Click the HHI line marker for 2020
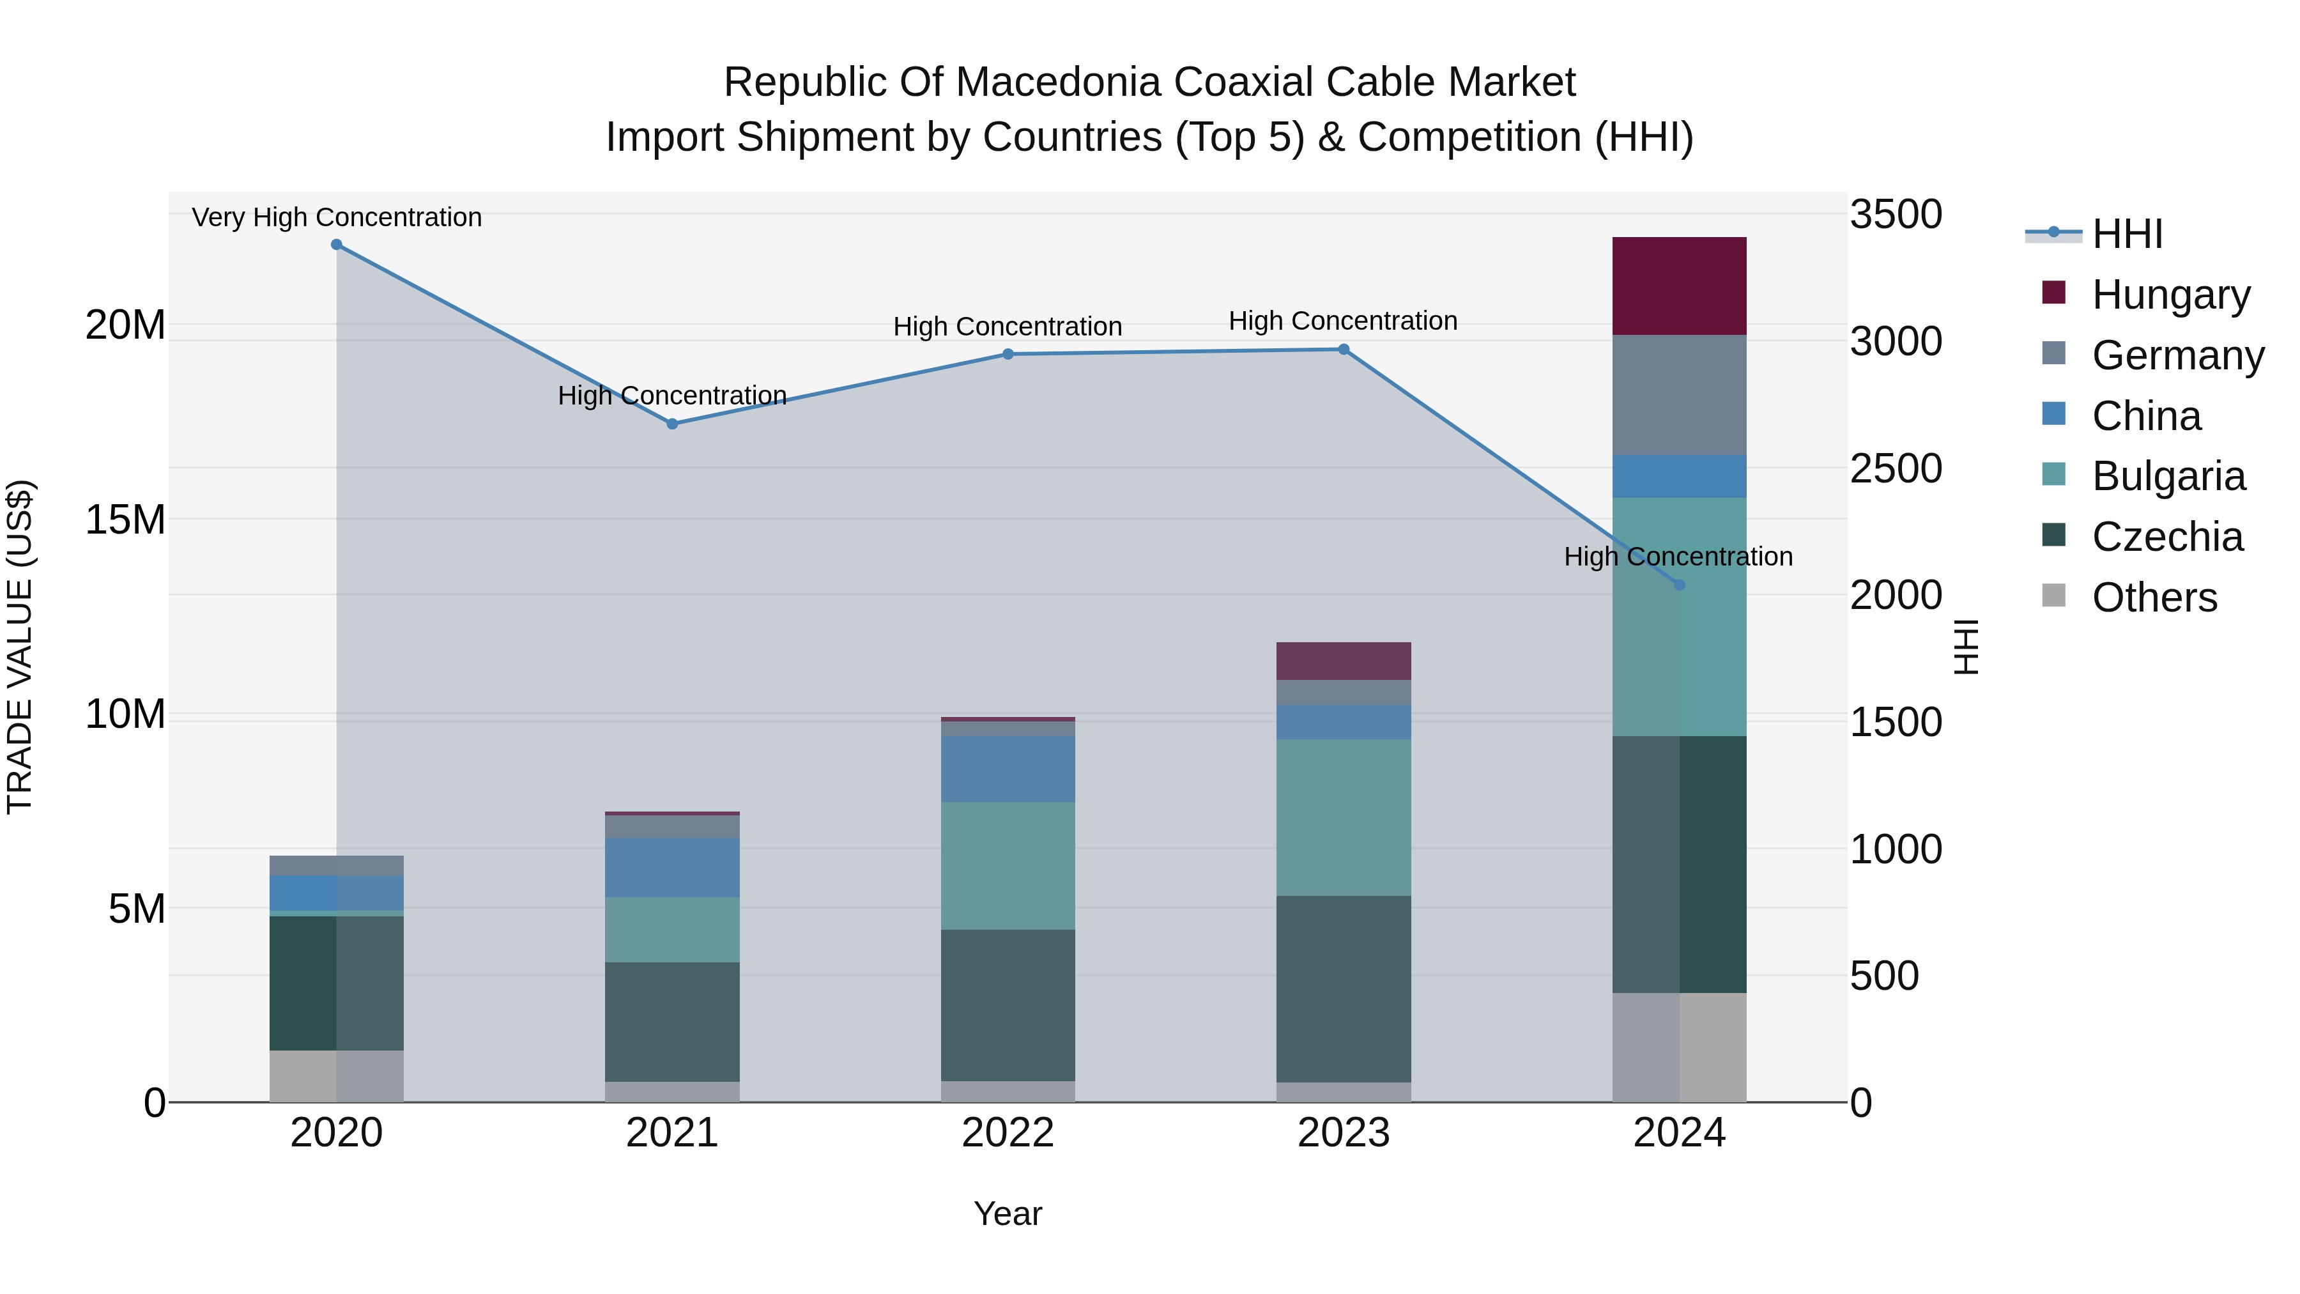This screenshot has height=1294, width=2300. click(x=337, y=245)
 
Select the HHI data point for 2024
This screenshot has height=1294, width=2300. click(x=1680, y=585)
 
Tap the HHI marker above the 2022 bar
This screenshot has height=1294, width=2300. click(x=1008, y=355)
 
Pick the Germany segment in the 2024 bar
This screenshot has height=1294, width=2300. click(x=1680, y=395)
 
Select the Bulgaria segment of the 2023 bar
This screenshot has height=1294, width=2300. click(x=1344, y=817)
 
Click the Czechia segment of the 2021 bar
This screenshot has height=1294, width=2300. click(x=672, y=1022)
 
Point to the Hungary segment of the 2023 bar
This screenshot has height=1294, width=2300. click(x=1344, y=661)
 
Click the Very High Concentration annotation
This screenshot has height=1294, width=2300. click(x=337, y=217)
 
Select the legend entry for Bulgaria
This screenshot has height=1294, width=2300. click(x=2168, y=476)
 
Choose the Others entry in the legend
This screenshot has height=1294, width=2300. click(x=2154, y=597)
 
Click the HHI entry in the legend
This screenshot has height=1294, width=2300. click(x=2127, y=234)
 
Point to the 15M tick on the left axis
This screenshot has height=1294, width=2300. click(x=125, y=520)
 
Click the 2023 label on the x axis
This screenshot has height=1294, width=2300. click(x=1344, y=1133)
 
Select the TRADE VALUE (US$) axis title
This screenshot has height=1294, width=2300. click(x=20, y=647)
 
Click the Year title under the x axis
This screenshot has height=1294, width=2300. click(x=1008, y=1213)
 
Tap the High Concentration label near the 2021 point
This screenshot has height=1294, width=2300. click(x=672, y=395)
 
